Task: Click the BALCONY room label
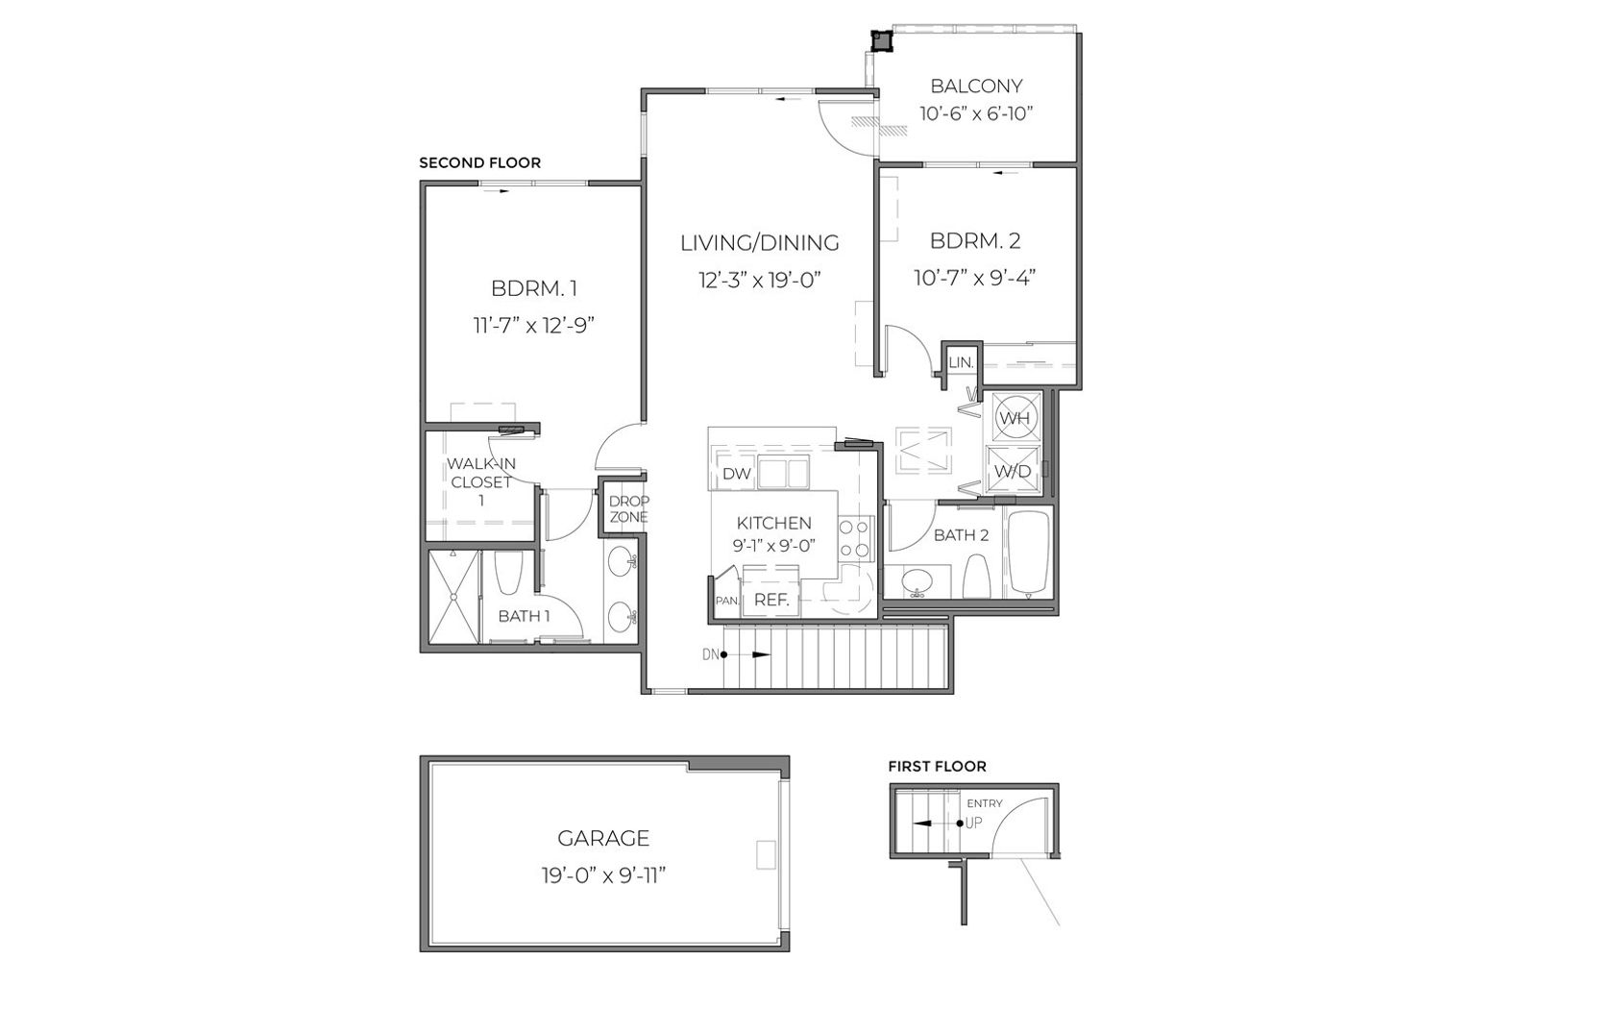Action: coord(976,86)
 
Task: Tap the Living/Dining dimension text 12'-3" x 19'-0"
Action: coord(760,280)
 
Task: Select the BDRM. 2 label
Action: coord(976,240)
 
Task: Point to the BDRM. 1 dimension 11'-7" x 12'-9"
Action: coord(534,326)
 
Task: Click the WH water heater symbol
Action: coord(1015,418)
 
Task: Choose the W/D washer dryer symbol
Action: coord(1013,471)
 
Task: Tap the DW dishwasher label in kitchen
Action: coord(736,474)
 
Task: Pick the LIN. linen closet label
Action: coord(961,362)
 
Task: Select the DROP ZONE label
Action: coord(629,509)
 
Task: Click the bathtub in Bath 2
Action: coord(1028,553)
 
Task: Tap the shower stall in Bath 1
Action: coord(453,597)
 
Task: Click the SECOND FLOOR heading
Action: coord(480,163)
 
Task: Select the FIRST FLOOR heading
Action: coord(937,767)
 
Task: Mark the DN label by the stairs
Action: coord(711,654)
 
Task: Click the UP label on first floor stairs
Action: coord(973,823)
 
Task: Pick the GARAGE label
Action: coord(603,838)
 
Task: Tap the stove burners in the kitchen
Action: coord(855,539)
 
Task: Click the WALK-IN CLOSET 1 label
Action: coord(481,481)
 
